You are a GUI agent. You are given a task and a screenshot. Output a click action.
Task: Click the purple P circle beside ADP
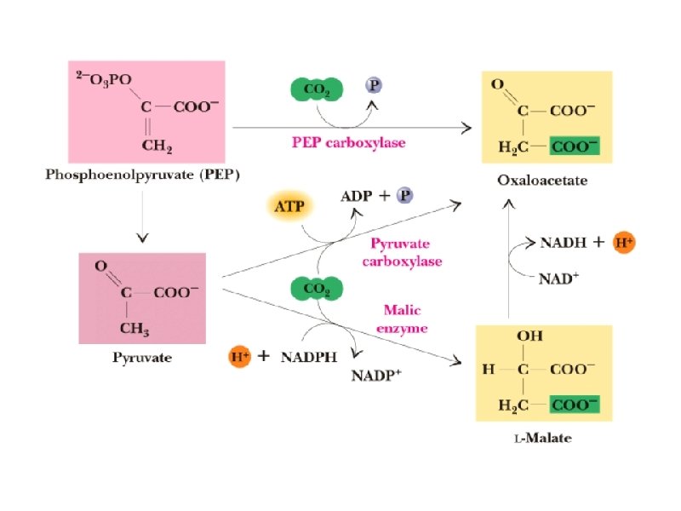coord(405,196)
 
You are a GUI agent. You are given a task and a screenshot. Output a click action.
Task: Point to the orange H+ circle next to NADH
coord(624,243)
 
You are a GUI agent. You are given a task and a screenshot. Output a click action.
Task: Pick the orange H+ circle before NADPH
coord(240,357)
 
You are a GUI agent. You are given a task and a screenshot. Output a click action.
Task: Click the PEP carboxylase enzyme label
coord(344,142)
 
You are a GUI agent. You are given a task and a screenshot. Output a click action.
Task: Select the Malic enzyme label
coord(402,319)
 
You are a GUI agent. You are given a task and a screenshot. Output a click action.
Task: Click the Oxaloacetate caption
coord(541,181)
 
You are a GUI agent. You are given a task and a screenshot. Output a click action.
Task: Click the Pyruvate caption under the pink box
coord(142,358)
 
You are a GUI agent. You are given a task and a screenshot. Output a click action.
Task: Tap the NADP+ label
coord(377,376)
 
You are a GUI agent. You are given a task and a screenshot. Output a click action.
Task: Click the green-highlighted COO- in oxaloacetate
coord(575,146)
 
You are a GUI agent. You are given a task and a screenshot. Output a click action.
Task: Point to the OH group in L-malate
coord(530,336)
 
